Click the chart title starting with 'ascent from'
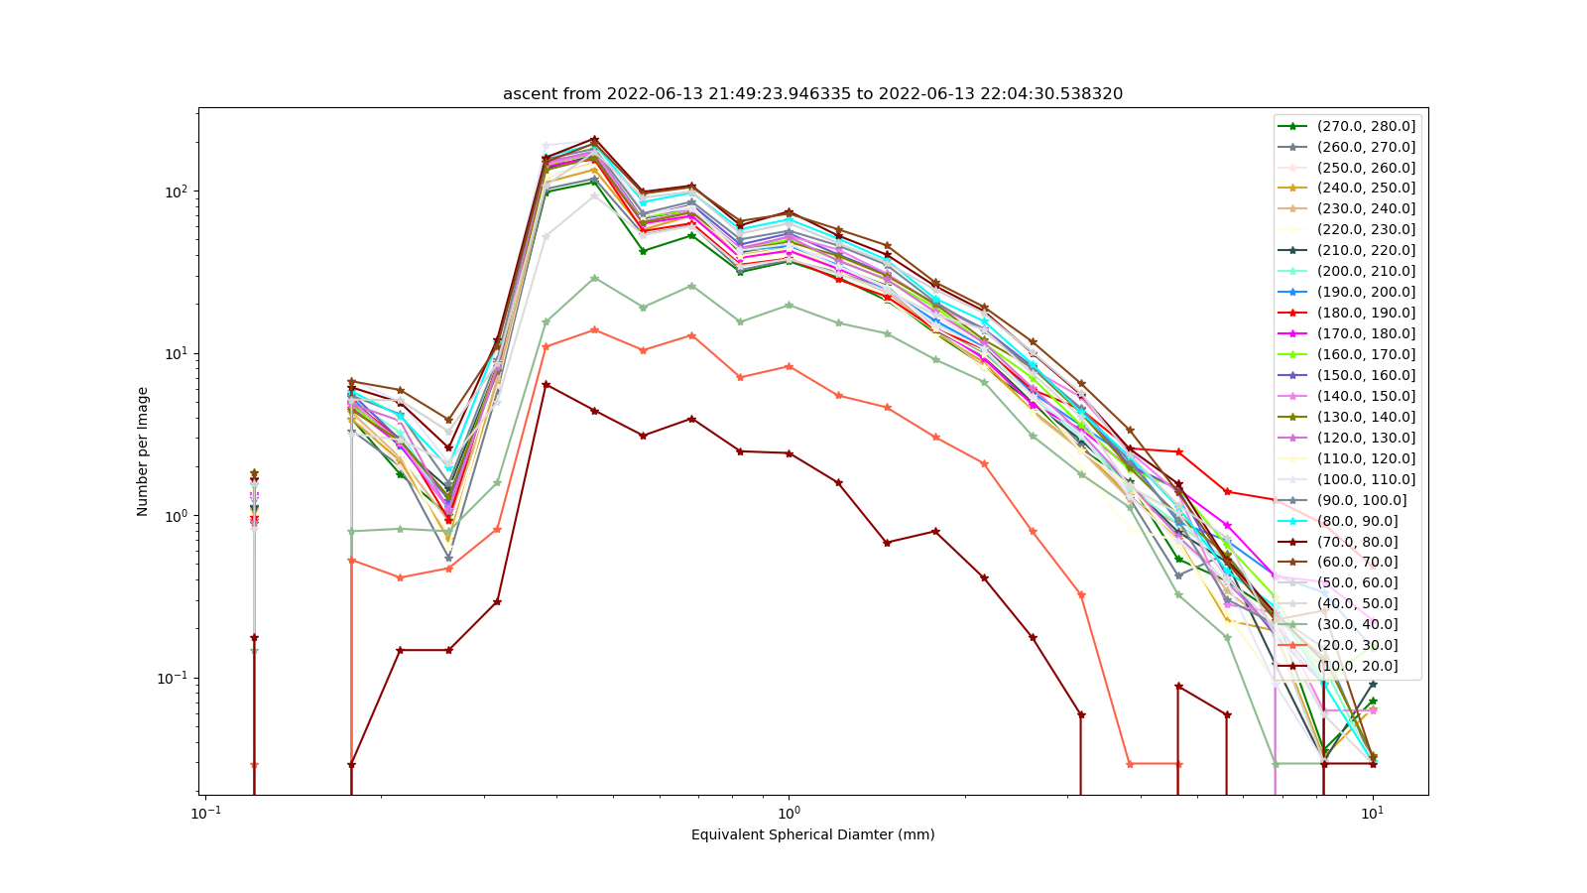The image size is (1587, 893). coord(812,93)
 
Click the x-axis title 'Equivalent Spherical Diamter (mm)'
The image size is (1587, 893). coord(812,834)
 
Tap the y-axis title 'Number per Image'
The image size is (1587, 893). coord(143,451)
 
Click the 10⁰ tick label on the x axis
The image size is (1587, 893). coord(789,813)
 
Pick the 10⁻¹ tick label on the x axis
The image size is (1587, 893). coord(205,813)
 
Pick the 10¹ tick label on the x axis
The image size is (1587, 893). coord(1373,813)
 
